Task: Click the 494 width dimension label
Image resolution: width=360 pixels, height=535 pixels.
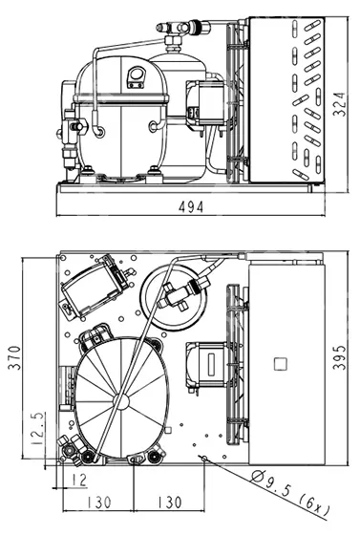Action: [191, 206]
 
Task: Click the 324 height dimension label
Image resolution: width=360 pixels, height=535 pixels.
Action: [339, 104]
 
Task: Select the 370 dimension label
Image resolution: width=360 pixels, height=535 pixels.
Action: [14, 357]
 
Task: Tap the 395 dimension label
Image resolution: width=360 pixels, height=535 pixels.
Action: [339, 357]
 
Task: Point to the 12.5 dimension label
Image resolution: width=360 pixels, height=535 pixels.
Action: [38, 428]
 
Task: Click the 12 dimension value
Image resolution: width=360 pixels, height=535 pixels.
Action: [79, 480]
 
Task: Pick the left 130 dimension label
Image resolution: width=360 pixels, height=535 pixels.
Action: [98, 503]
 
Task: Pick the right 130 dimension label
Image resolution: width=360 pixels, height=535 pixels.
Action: [169, 503]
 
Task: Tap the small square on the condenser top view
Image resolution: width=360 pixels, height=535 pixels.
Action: [280, 364]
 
